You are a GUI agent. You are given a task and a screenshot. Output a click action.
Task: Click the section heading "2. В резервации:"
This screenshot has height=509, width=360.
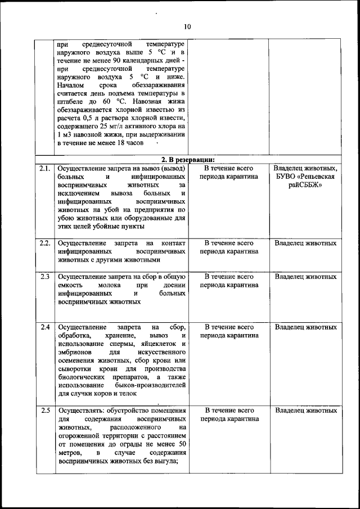point(188,159)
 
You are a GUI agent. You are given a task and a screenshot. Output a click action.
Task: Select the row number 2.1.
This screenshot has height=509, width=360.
point(44,168)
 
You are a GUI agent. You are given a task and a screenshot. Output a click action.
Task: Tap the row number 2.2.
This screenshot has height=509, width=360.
point(44,243)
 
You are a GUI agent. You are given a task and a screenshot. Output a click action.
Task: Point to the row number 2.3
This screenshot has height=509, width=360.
point(44,277)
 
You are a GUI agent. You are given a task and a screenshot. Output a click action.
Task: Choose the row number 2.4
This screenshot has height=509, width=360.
point(44,327)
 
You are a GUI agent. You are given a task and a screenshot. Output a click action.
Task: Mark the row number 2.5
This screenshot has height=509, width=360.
point(44,410)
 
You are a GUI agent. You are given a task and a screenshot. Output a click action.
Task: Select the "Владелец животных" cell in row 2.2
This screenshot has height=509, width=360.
point(305,243)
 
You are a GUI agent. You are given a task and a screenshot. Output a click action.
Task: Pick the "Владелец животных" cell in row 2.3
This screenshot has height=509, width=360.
point(305,277)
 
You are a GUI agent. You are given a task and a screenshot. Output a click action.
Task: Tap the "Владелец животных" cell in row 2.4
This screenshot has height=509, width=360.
point(305,327)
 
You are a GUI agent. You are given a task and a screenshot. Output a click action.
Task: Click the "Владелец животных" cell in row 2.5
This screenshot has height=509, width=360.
point(305,410)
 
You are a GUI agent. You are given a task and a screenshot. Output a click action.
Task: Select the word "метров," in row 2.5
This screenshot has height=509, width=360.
point(70,452)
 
